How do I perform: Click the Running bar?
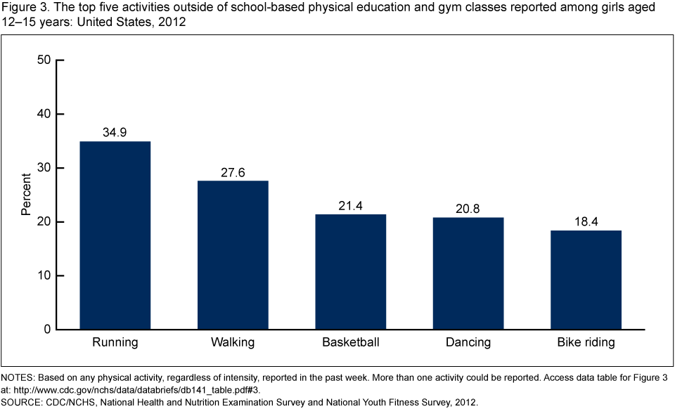115,235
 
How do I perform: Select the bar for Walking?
233,255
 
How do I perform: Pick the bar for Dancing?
468,273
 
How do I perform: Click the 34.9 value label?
115,132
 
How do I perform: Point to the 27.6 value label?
233,171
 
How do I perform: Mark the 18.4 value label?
586,221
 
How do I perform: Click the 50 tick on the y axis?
44,60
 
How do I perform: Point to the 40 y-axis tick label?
44,114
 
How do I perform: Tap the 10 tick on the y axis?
44,276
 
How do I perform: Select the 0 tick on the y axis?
48,330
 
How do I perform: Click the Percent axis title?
25,195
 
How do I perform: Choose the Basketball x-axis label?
351,344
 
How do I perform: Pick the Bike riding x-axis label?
586,344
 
